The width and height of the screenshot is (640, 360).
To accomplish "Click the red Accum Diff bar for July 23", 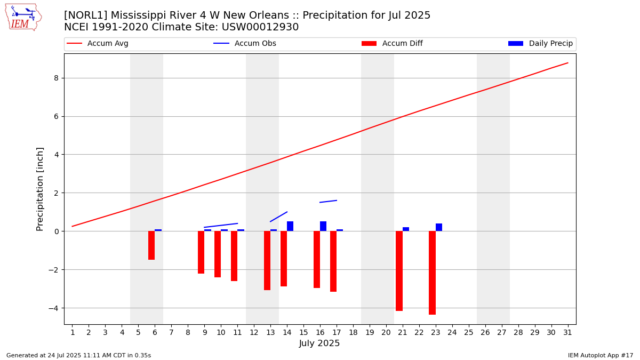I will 432,273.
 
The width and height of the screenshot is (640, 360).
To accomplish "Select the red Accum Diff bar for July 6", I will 151,245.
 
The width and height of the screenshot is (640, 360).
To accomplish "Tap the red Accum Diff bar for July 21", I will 399,271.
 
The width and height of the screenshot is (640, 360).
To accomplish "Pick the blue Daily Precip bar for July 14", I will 290,226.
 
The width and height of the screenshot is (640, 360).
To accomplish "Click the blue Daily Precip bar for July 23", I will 439,227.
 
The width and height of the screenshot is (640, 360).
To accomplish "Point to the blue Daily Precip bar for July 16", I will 323,226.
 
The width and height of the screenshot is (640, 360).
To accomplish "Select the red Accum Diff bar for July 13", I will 267,260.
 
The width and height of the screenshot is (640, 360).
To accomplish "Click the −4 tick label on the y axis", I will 53,308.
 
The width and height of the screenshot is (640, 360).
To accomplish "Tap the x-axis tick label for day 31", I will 567,332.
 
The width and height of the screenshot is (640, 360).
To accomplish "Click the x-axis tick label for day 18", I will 353,332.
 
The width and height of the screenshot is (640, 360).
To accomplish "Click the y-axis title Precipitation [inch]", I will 40,189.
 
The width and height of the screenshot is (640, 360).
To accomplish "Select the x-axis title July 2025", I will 319,343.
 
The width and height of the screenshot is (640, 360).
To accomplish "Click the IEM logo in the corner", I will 23,17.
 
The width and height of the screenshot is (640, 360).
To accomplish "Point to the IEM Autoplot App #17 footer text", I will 600,355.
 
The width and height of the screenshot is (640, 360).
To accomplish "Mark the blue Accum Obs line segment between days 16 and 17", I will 328,202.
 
